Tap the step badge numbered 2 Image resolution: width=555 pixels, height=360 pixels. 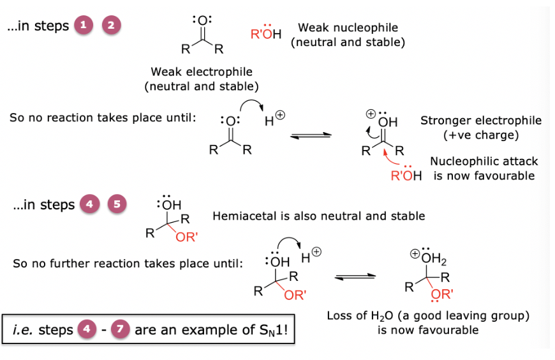point(112,26)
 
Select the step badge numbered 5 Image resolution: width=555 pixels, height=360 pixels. point(116,204)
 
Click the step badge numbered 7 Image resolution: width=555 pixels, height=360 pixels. point(120,331)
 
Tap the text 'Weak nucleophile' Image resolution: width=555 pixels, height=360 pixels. point(348,28)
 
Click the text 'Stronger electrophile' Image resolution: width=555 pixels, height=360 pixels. point(481,121)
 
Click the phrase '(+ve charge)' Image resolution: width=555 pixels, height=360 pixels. point(480,135)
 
